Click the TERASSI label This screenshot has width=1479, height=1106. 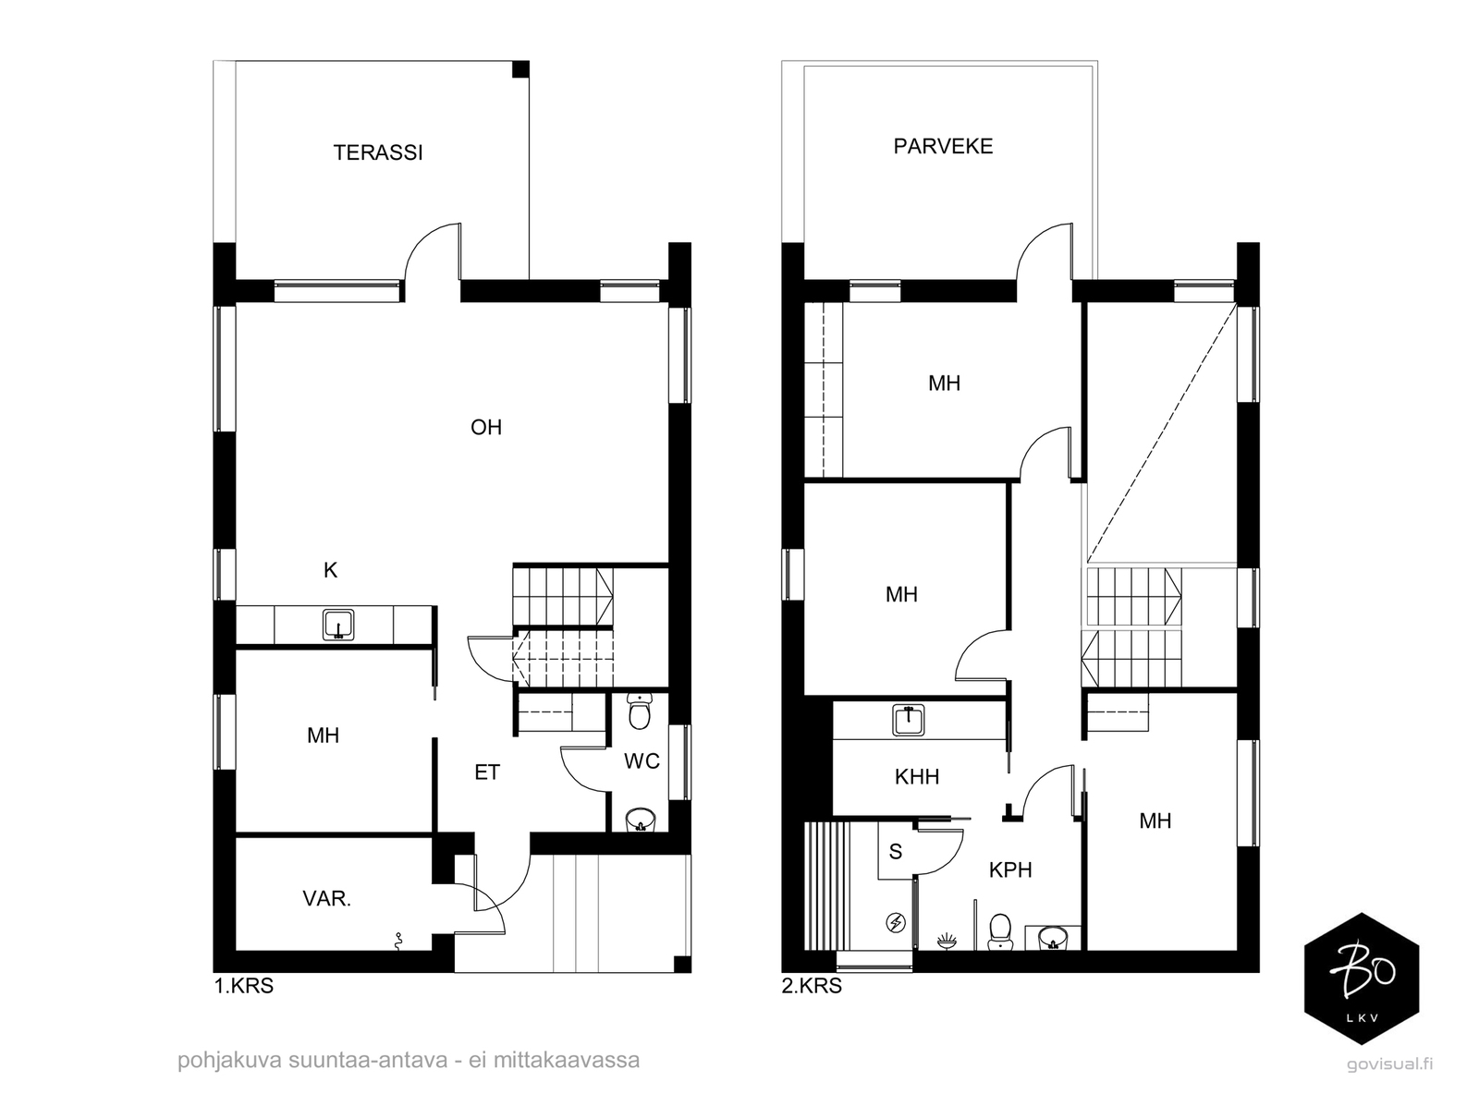click(x=378, y=152)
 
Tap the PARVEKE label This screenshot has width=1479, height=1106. click(x=943, y=146)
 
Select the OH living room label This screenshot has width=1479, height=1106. click(x=486, y=427)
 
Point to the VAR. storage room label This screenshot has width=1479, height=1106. click(x=327, y=898)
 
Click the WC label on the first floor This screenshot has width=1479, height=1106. click(x=642, y=761)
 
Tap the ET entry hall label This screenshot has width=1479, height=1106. click(x=487, y=772)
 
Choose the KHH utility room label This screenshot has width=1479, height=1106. click(x=916, y=777)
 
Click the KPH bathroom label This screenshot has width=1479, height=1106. click(x=1010, y=869)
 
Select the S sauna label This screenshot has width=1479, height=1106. click(x=896, y=852)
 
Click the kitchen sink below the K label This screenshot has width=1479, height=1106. click(x=338, y=625)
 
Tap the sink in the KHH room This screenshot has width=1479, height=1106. click(x=909, y=720)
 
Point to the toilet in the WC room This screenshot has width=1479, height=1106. click(x=639, y=712)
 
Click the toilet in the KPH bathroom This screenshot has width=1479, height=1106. click(x=1000, y=932)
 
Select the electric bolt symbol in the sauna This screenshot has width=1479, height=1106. click(x=896, y=922)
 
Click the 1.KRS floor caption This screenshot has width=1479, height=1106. click(x=244, y=986)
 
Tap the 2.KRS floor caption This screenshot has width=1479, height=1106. click(x=812, y=986)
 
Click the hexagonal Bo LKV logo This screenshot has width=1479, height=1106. click(x=1362, y=978)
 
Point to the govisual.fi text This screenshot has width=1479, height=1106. click(x=1390, y=1063)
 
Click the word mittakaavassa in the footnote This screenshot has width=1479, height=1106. click(x=567, y=1060)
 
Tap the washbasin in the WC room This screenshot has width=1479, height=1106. click(x=640, y=820)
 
